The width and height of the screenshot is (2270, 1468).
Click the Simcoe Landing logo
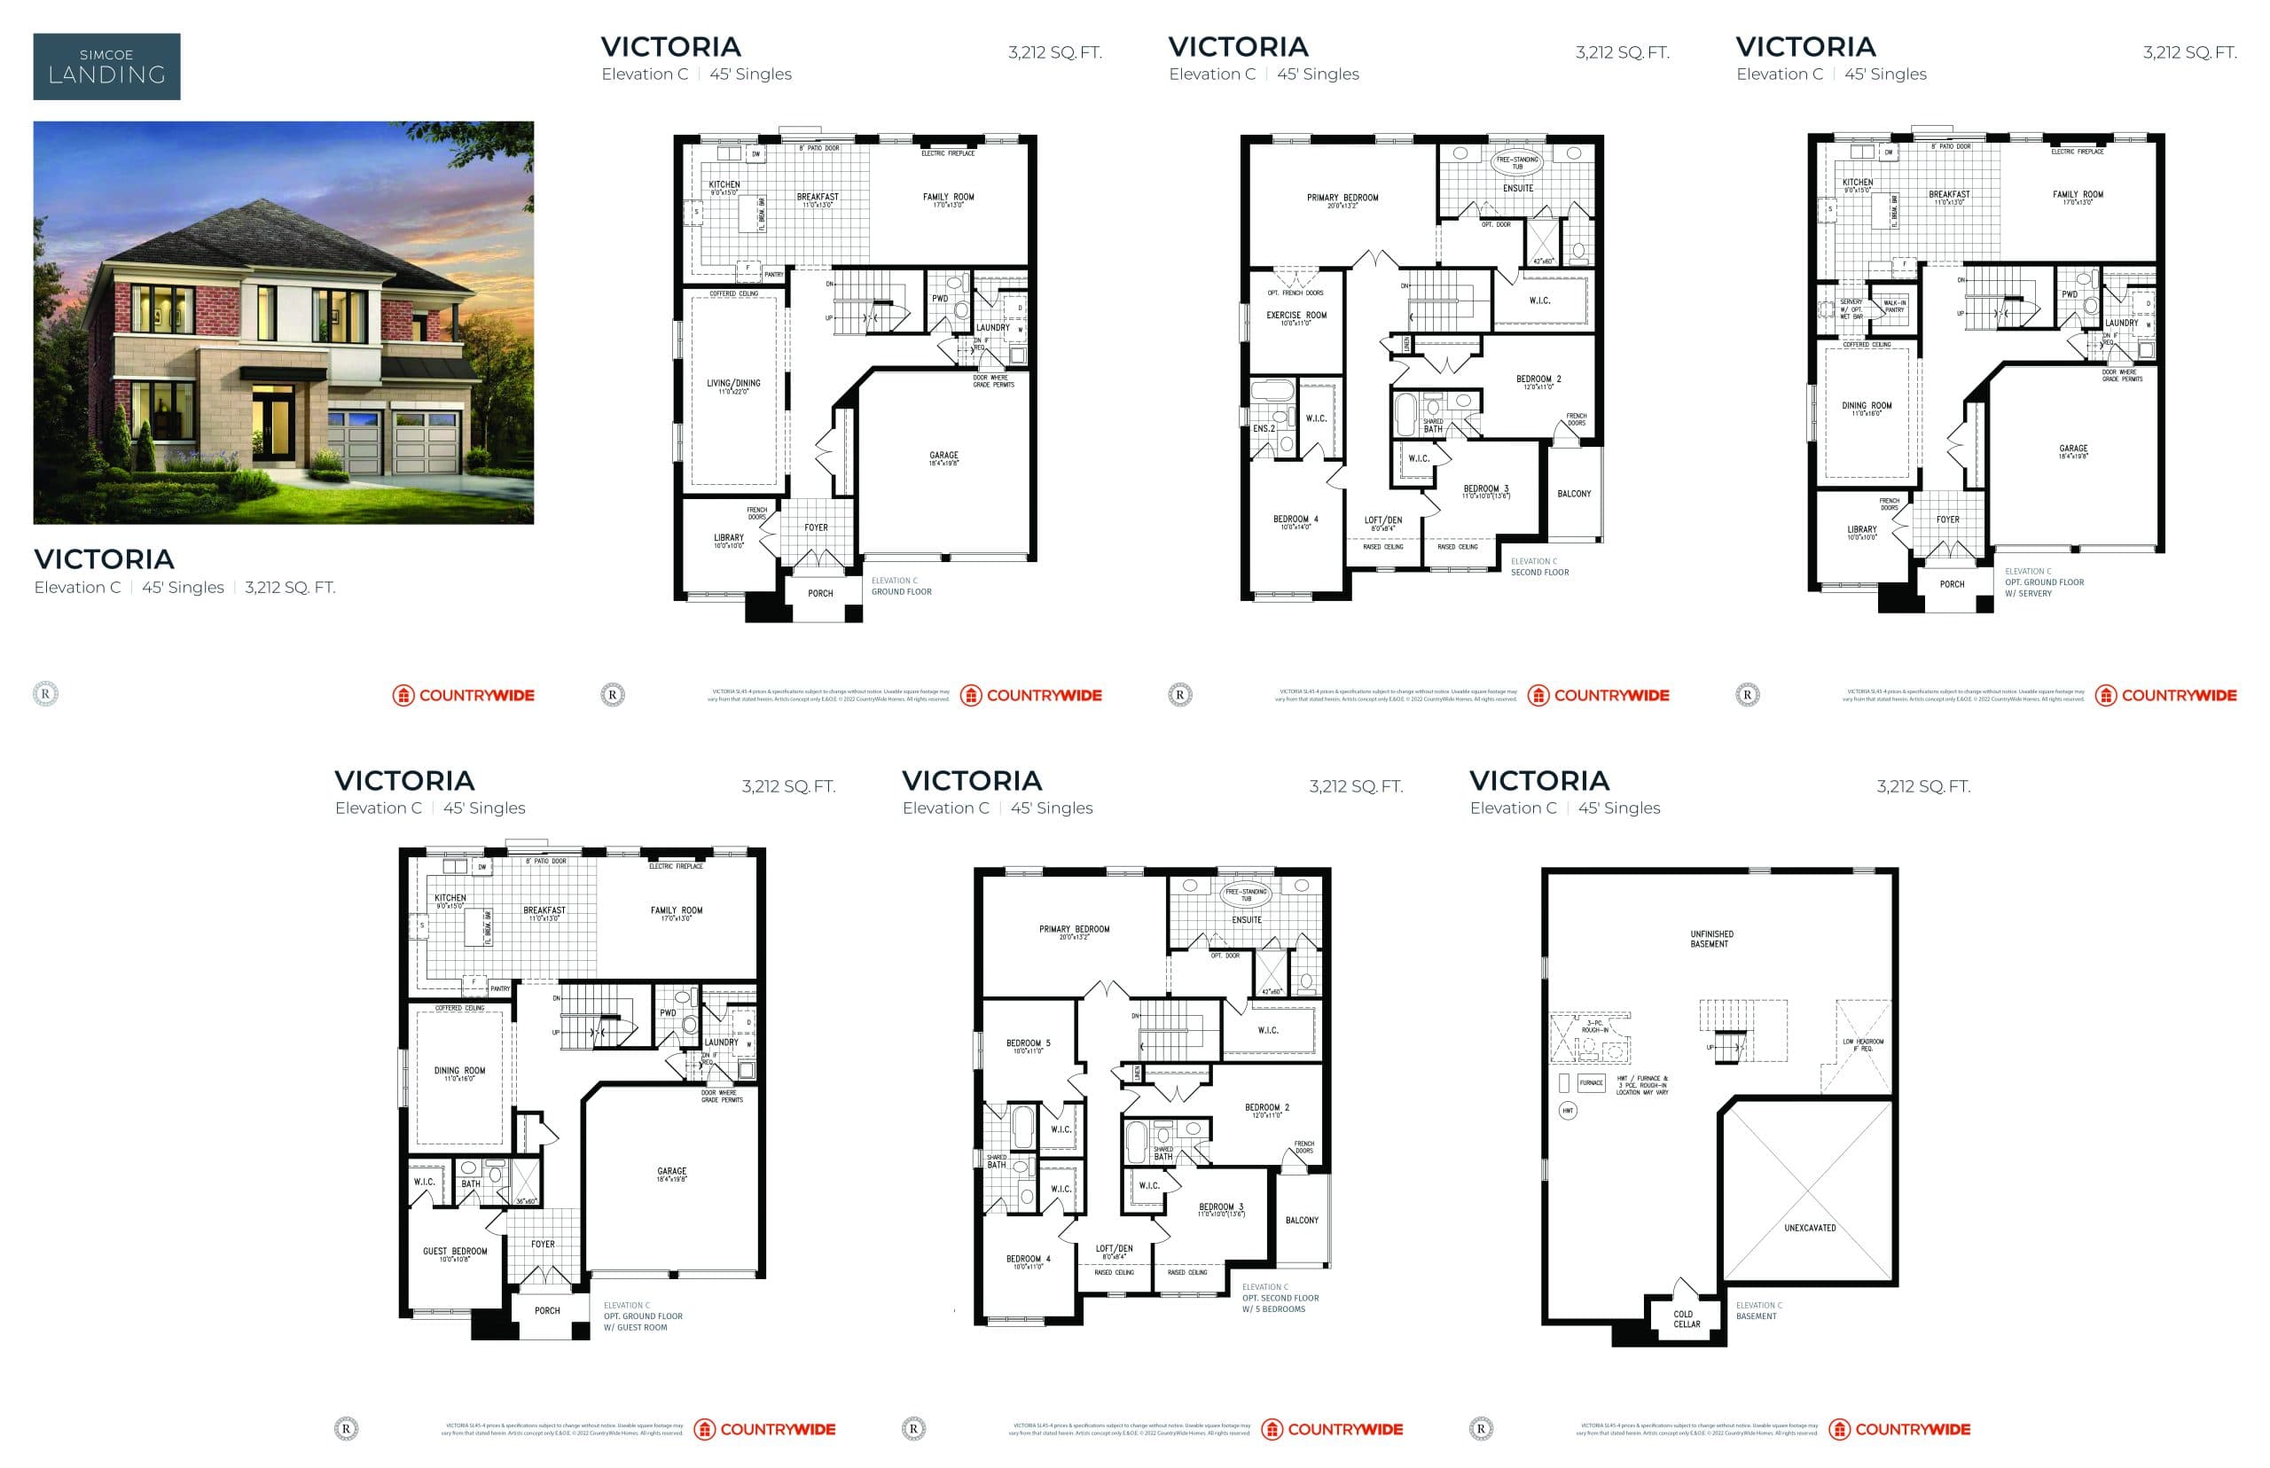tap(106, 66)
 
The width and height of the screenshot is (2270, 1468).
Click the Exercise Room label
tap(1295, 317)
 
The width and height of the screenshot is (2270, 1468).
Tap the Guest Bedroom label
tap(455, 1253)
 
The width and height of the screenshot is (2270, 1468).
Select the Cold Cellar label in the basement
tap(1686, 1318)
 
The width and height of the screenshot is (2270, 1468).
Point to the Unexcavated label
tap(1809, 1228)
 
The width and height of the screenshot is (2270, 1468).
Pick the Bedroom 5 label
tap(1028, 1046)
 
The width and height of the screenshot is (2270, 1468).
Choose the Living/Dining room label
tap(733, 387)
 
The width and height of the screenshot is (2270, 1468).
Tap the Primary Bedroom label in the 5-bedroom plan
tap(1074, 932)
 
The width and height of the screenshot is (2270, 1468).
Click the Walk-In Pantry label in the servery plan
tap(1893, 306)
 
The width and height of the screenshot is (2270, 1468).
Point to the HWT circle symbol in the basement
tap(1568, 1111)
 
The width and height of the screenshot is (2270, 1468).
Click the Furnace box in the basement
tap(1590, 1083)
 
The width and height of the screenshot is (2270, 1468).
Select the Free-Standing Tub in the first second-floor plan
tap(1516, 162)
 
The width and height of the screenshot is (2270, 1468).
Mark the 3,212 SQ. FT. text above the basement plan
tap(1922, 786)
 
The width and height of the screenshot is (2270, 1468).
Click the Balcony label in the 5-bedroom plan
tap(1302, 1220)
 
